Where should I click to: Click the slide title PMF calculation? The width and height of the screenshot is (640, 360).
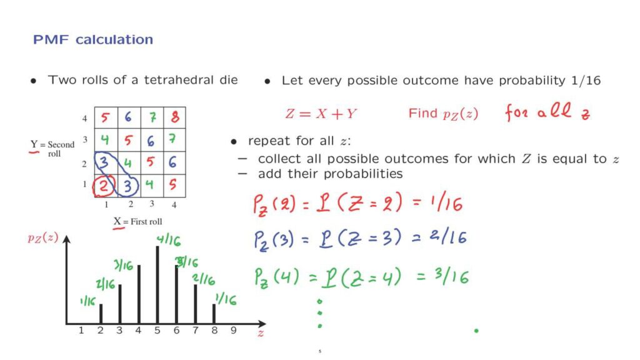tap(93, 39)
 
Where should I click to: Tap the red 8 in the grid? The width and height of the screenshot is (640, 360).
tap(175, 117)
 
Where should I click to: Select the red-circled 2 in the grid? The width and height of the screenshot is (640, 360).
tap(104, 186)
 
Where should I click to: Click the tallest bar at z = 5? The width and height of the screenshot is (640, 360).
tap(157, 285)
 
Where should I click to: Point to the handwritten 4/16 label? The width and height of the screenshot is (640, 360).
tap(169, 240)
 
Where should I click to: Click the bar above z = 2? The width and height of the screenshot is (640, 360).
tap(101, 314)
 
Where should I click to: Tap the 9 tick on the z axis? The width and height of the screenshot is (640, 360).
tap(234, 330)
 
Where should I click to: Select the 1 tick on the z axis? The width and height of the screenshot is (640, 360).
tap(81, 330)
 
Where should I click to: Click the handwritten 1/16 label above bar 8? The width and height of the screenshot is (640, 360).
tap(226, 299)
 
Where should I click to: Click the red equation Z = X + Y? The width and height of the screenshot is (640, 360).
tap(321, 114)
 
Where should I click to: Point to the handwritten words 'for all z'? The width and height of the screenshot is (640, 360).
tap(547, 112)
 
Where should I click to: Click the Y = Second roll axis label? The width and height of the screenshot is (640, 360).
tap(52, 149)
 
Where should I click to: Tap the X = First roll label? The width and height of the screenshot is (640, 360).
tap(137, 222)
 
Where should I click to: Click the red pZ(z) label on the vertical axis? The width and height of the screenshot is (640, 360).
tap(43, 237)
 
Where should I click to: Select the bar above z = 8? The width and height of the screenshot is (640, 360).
tap(214, 314)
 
